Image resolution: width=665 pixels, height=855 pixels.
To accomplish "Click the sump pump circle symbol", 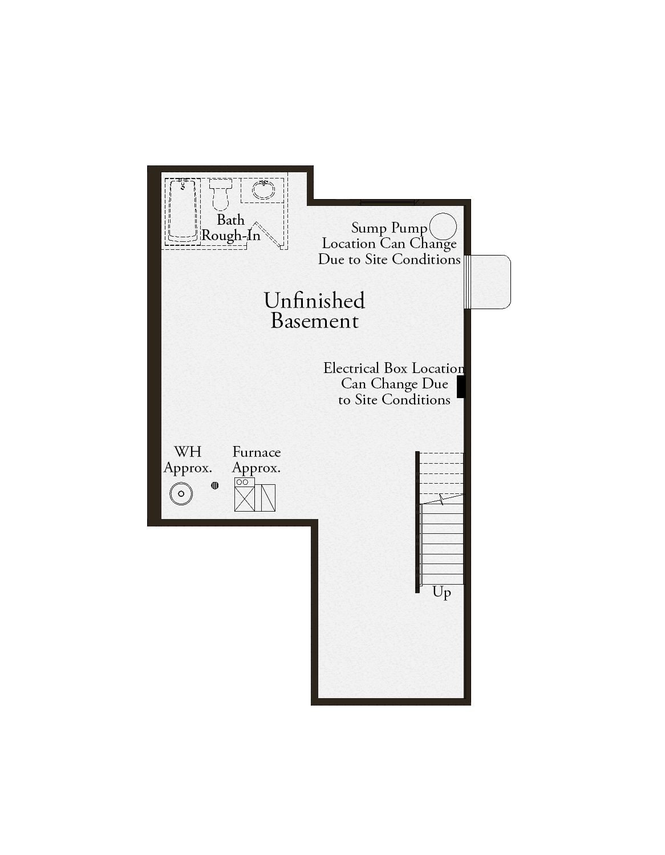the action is click(443, 226).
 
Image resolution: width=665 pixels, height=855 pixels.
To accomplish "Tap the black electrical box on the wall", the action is click(460, 387).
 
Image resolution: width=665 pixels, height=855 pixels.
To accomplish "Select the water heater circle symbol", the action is click(181, 493).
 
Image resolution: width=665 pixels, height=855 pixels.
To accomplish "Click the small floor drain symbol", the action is click(214, 485).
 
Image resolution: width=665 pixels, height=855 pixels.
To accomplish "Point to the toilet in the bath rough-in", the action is click(220, 194).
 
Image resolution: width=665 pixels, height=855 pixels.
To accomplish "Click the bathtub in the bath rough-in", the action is click(183, 211).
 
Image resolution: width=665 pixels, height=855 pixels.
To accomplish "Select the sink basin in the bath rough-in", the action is click(263, 189).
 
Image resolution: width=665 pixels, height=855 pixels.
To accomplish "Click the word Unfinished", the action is click(314, 301).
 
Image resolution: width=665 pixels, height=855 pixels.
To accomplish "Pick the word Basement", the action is click(315, 321).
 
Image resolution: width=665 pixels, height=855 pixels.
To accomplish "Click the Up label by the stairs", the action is click(441, 593).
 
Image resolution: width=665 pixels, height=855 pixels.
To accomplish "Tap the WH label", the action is click(188, 452).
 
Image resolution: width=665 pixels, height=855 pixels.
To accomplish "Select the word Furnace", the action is click(257, 452).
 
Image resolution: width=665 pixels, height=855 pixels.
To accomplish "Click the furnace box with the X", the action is click(245, 499).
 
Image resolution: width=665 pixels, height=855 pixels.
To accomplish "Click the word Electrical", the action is click(351, 368).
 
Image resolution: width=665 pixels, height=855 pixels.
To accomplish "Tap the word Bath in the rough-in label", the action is click(230, 220).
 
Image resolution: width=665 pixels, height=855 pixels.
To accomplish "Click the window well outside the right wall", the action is click(487, 282).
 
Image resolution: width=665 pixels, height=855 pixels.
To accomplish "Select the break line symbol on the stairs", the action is click(442, 500).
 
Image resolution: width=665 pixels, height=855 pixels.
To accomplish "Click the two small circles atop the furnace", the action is click(242, 482).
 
